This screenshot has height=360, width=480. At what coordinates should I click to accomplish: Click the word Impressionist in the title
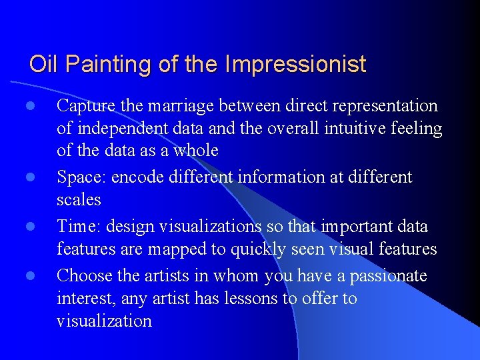pyautogui.click(x=295, y=65)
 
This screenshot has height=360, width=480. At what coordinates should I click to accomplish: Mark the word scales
pyautogui.click(x=79, y=200)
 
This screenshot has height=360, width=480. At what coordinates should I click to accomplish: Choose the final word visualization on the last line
pyautogui.click(x=104, y=321)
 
